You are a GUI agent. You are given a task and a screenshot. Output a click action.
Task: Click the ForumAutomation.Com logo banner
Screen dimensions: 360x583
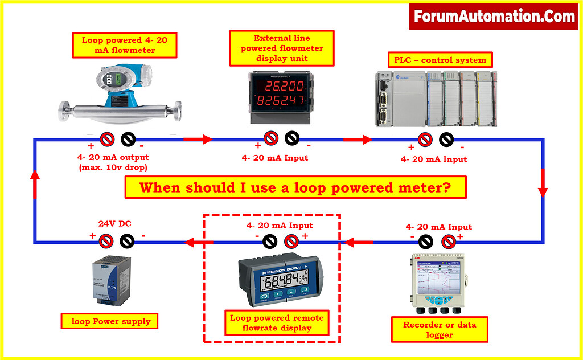[x=494, y=16]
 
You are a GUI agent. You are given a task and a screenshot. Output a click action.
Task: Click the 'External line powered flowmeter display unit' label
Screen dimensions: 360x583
[x=281, y=48]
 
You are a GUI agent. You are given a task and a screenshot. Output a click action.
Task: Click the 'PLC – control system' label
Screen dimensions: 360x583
[x=440, y=59]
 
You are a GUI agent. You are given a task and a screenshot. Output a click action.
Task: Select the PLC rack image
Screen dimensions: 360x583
[x=435, y=98]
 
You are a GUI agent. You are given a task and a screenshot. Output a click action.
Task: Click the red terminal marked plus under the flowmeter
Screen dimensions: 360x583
[x=106, y=138]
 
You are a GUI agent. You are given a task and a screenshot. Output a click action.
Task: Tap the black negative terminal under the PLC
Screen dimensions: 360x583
[x=446, y=139]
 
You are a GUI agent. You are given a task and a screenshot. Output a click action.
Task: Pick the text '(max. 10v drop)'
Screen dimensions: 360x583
[x=113, y=167]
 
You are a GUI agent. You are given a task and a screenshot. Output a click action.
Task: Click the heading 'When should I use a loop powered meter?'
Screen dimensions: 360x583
[x=295, y=187]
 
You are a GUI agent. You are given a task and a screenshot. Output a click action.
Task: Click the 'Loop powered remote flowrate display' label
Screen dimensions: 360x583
[x=277, y=322]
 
